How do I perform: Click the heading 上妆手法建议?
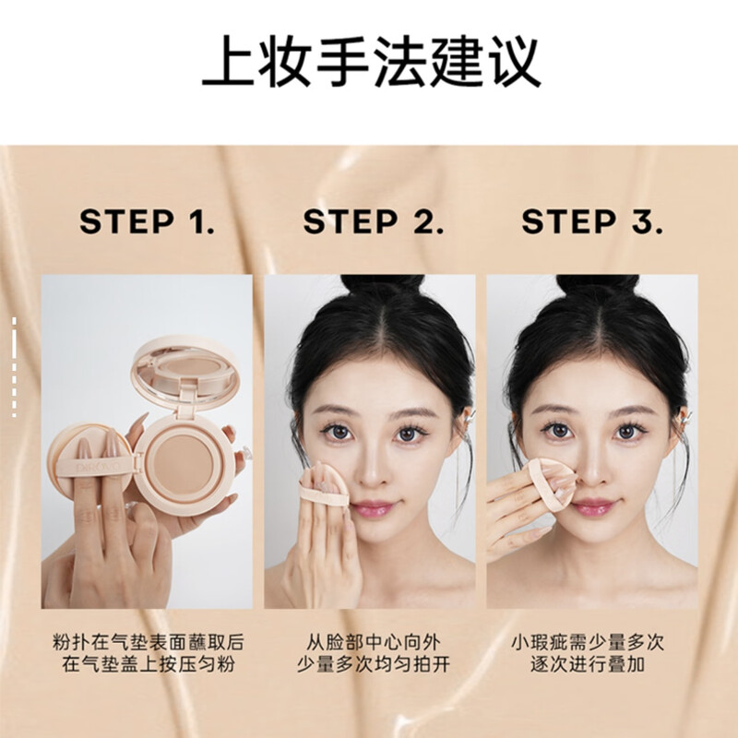tap(369, 63)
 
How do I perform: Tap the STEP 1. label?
tap(147, 222)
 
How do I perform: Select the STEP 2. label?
tap(373, 222)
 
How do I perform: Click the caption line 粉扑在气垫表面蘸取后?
tap(148, 640)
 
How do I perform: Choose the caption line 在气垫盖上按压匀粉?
tap(148, 664)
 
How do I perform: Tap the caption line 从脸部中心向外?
tap(370, 640)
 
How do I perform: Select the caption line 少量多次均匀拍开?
tap(370, 664)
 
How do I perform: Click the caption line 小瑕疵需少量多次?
tap(592, 640)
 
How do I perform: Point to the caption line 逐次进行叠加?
tap(592, 664)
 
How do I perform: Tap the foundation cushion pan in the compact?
tap(182, 458)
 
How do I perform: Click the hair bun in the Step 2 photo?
tap(381, 286)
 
